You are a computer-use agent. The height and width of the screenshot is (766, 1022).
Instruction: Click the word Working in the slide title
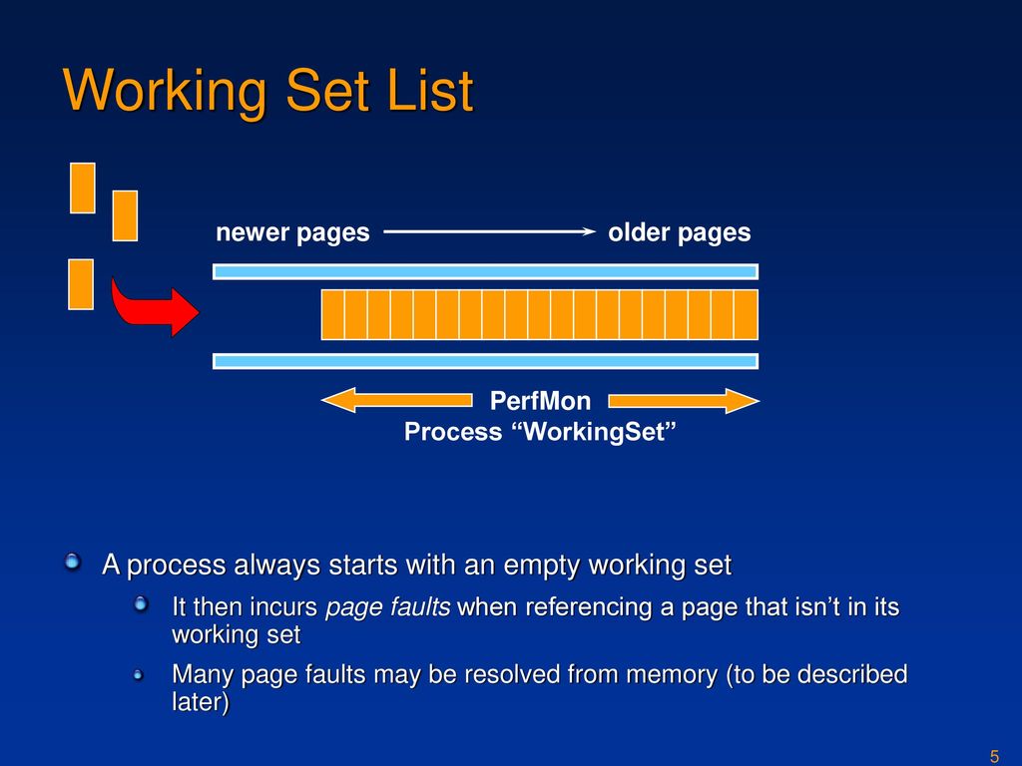click(165, 91)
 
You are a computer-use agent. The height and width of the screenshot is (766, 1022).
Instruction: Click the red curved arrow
click(153, 308)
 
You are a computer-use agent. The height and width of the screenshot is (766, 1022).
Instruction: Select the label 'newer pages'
click(292, 232)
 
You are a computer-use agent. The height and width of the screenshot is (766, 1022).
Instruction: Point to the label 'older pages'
click(679, 232)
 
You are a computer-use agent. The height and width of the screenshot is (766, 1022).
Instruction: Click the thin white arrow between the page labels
click(489, 231)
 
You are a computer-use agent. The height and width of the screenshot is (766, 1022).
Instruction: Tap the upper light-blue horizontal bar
click(486, 271)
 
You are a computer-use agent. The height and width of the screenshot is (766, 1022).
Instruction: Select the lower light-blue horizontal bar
click(486, 361)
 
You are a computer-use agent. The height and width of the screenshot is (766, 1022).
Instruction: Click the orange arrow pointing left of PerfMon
click(397, 400)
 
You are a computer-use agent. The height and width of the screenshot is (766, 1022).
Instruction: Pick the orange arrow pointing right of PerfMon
click(684, 401)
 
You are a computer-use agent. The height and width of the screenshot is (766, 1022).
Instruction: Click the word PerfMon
click(540, 401)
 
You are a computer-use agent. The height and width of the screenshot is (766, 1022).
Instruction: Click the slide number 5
click(994, 756)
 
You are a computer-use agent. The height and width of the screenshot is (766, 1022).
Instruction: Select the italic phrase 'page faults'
click(388, 607)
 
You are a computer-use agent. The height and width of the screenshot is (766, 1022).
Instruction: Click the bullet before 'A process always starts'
click(72, 561)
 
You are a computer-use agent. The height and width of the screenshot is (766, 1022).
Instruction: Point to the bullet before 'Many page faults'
click(138, 676)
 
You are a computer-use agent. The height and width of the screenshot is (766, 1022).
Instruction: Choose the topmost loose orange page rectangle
click(83, 189)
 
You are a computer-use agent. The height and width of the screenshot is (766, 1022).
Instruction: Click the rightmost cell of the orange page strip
click(747, 314)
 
